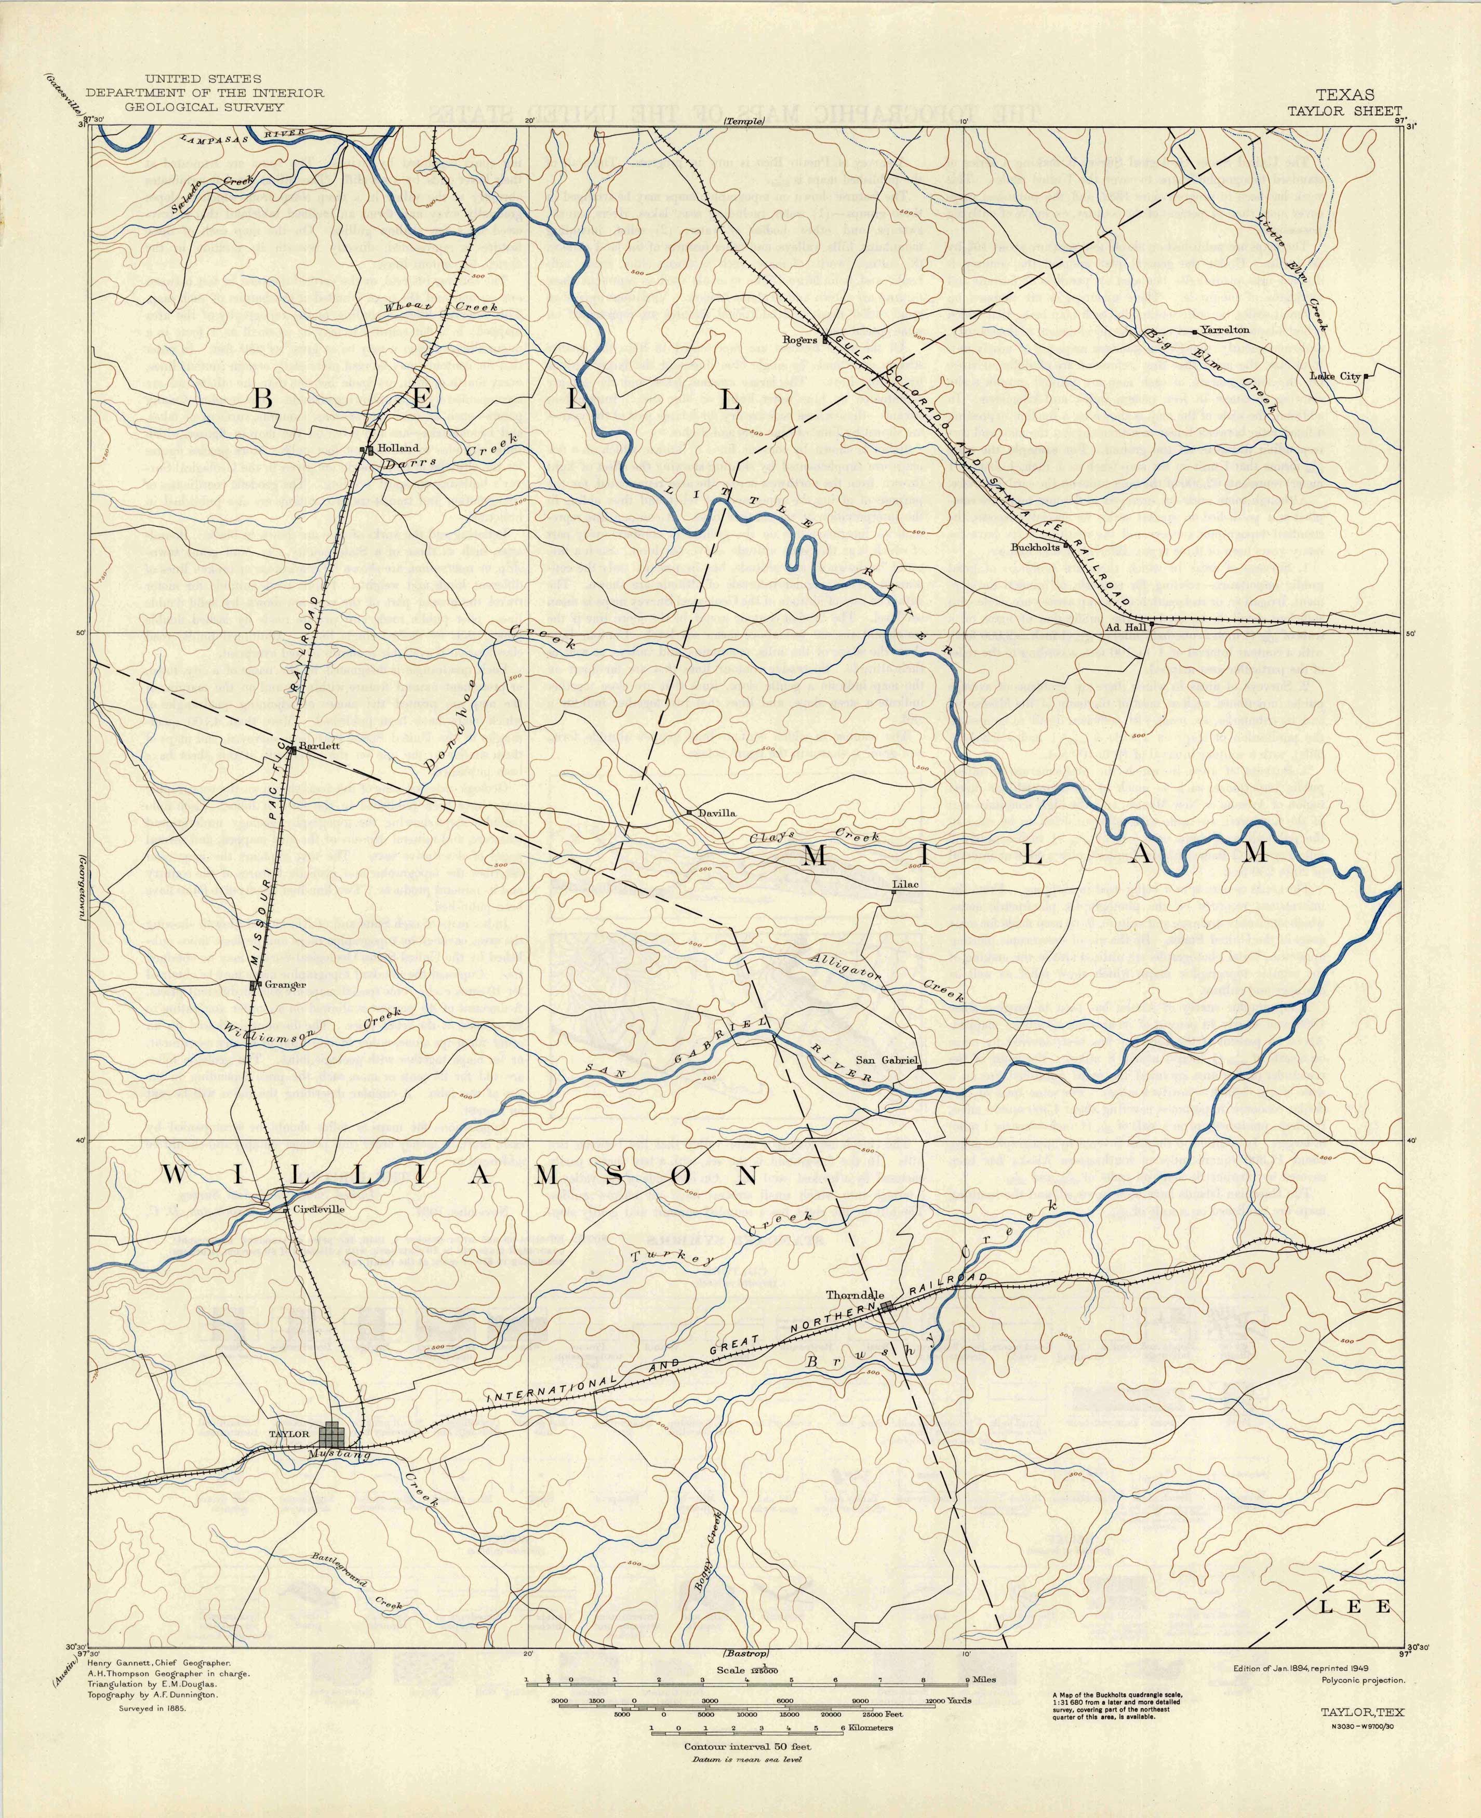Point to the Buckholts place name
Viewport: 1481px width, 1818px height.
(x=1035, y=547)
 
